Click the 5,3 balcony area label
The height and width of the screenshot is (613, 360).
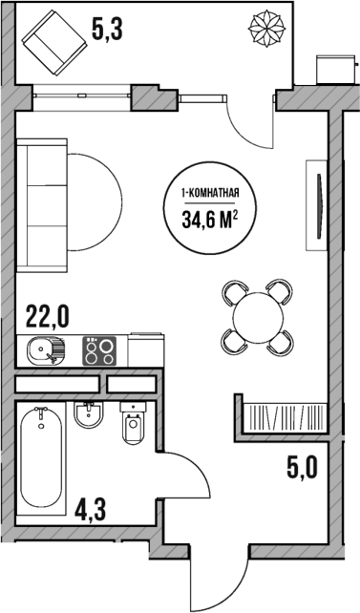click(x=108, y=30)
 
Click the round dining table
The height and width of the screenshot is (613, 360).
click(x=255, y=315)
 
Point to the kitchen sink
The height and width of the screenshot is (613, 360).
click(x=43, y=352)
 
